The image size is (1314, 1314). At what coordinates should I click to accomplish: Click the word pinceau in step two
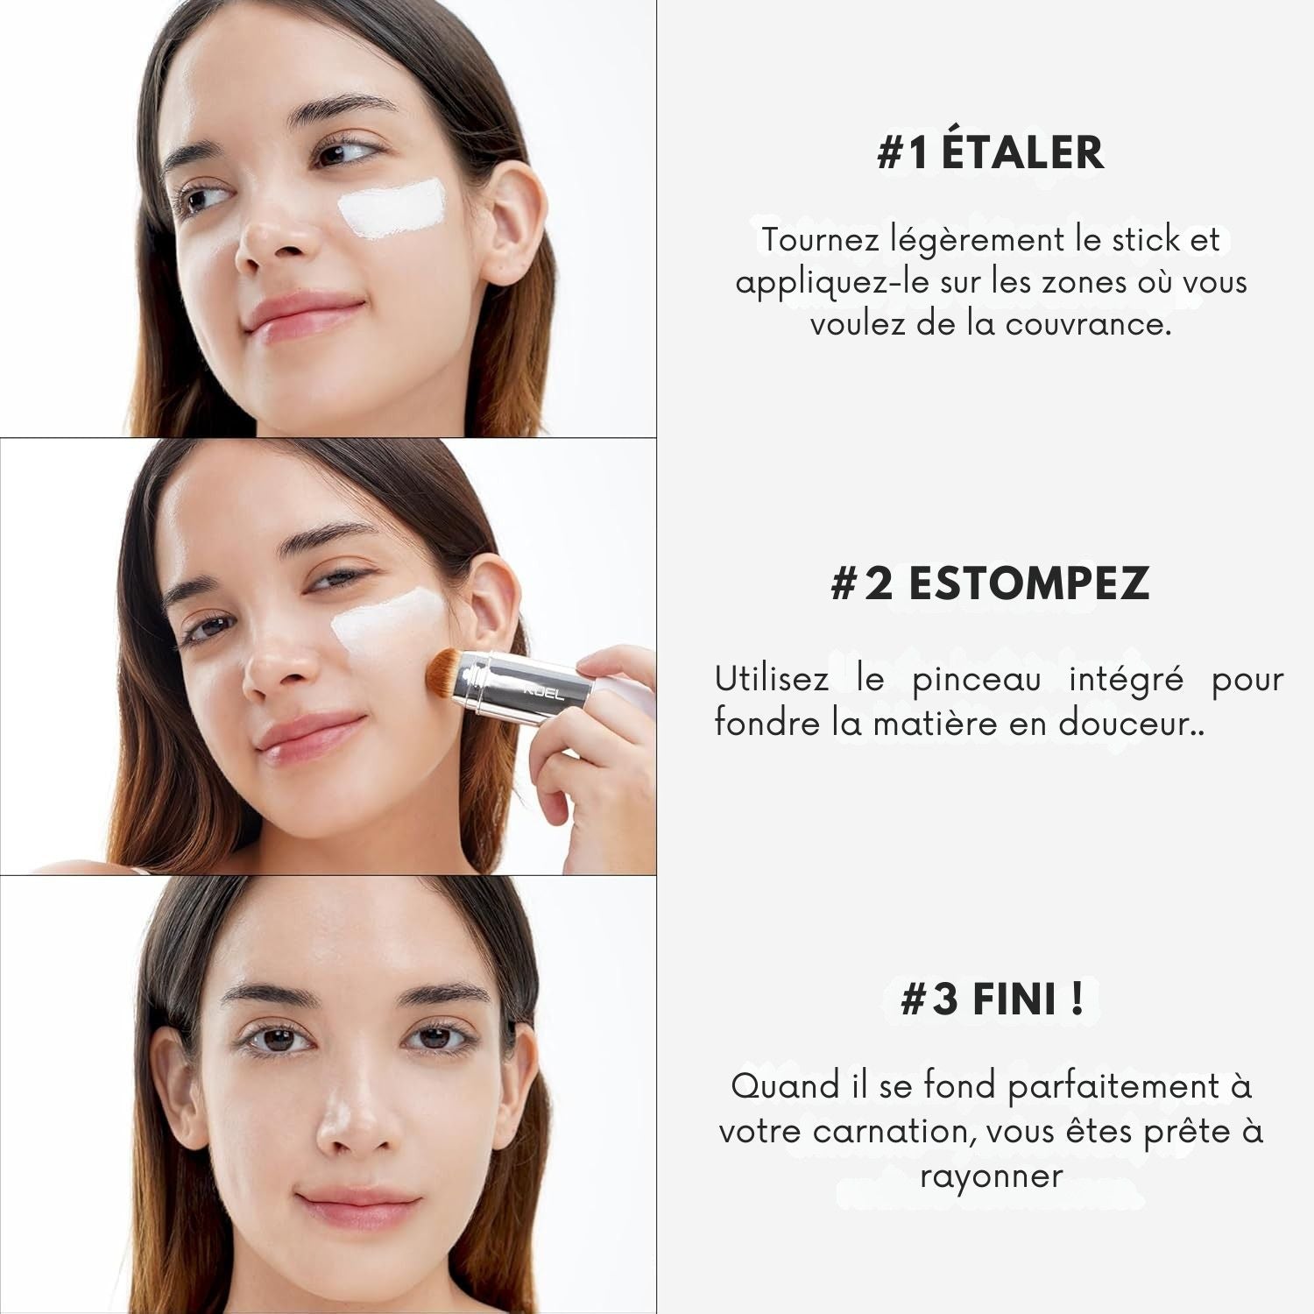tap(977, 681)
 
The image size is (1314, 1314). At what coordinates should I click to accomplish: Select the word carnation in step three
tap(894, 1132)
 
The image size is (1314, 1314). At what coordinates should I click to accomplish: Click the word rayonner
tap(992, 1176)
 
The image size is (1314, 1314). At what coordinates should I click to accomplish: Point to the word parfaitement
tap(1113, 1087)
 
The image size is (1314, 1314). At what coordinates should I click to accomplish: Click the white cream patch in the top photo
tap(392, 208)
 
